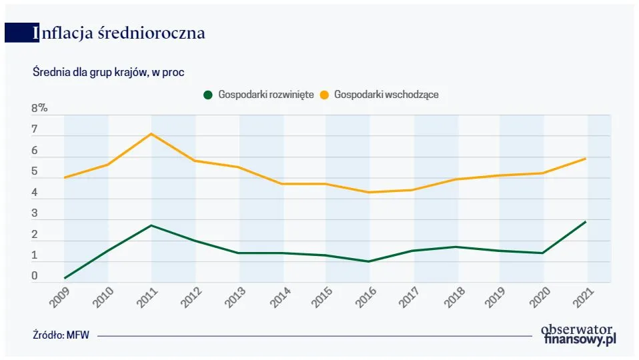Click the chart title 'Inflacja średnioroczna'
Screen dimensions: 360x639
click(x=120, y=33)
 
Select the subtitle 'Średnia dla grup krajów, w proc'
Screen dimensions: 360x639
click(x=108, y=72)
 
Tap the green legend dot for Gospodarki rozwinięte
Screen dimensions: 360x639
click(x=208, y=95)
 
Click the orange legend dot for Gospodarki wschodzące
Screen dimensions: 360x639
click(x=324, y=95)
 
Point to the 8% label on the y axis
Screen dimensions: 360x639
click(x=39, y=109)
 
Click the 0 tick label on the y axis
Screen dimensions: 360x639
click(x=35, y=276)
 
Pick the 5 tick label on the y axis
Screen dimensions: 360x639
click(x=35, y=172)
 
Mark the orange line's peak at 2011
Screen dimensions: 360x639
click(x=151, y=134)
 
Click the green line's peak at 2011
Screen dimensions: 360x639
click(x=151, y=225)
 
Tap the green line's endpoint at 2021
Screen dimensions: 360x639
click(x=586, y=221)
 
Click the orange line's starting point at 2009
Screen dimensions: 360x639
click(x=65, y=178)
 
